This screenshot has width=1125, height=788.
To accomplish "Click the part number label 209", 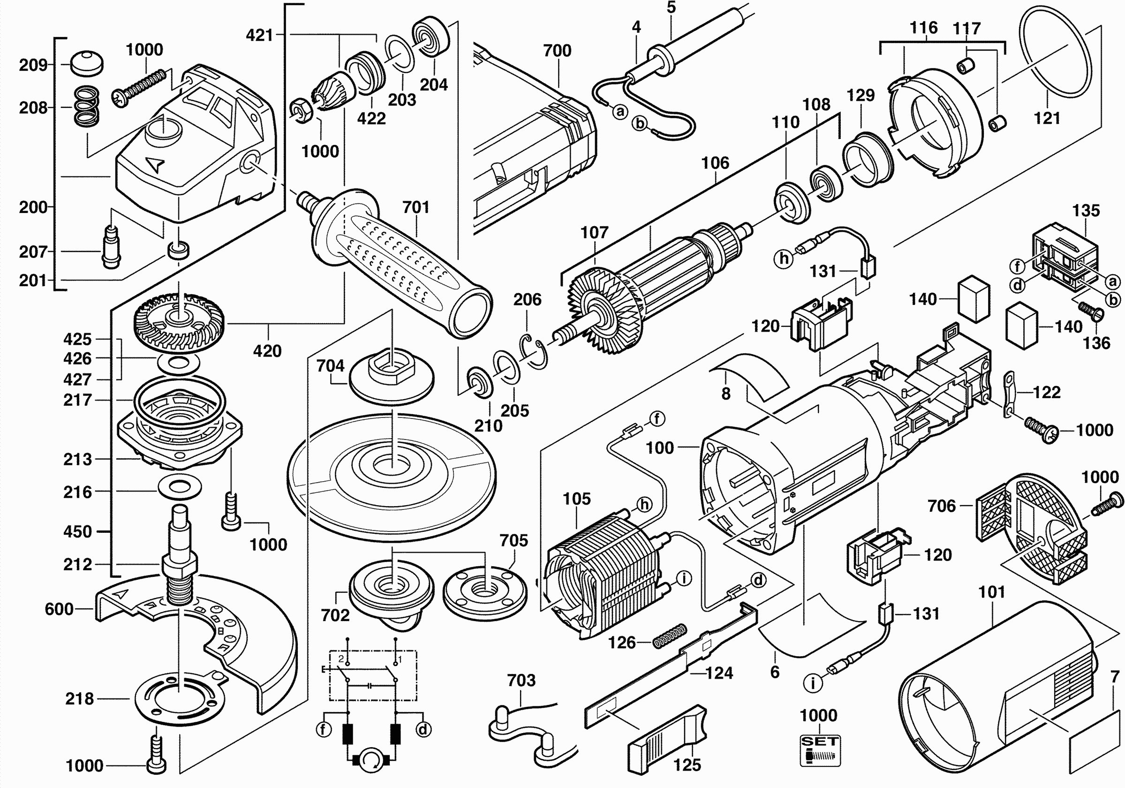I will pos(33,65).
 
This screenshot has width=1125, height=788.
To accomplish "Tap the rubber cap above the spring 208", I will pos(87,62).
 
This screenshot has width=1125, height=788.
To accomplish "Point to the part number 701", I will pos(415,207).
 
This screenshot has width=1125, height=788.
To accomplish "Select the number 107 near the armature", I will pos(594,232).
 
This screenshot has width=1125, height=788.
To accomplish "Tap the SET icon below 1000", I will pos(820,750).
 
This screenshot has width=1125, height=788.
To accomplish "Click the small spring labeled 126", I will pos(670,636).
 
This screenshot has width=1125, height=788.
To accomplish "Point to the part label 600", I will pos(59,609).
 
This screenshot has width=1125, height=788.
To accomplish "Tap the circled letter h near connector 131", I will pos(784,258).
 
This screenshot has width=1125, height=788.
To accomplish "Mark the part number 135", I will pos(1086,211).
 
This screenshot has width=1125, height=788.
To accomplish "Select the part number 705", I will pos(513,540).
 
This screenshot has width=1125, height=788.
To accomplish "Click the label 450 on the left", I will pos(77,532).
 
